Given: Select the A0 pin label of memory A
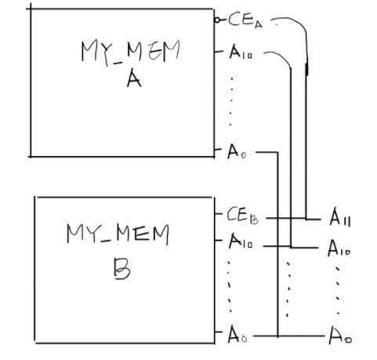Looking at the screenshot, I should [x=236, y=152].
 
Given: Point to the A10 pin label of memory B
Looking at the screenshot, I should [x=240, y=245].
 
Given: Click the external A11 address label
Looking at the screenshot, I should [x=340, y=217].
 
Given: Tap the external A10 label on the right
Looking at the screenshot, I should [x=339, y=249].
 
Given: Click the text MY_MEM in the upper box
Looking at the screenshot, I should [x=130, y=52].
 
